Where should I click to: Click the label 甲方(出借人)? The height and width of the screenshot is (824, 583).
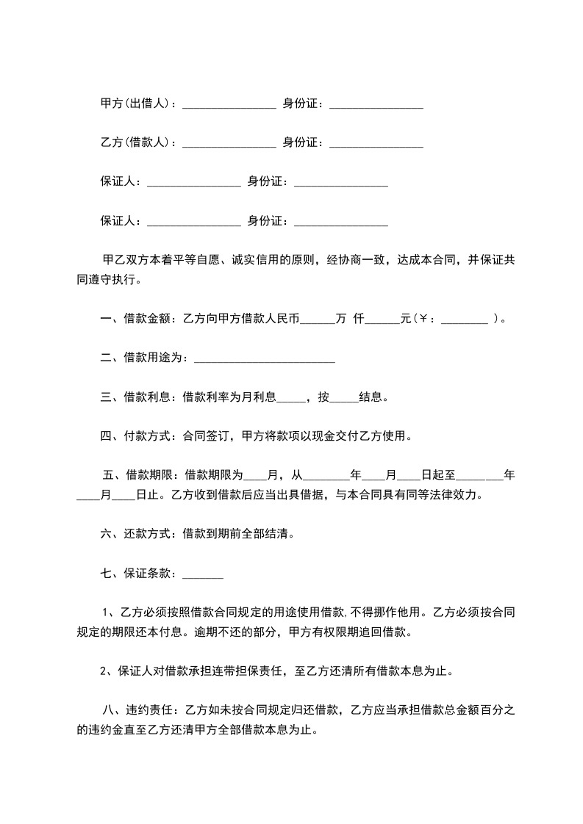(x=136, y=104)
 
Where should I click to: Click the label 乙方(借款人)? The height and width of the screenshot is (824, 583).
(x=136, y=142)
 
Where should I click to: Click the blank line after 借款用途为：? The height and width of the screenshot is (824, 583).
(x=265, y=360)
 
